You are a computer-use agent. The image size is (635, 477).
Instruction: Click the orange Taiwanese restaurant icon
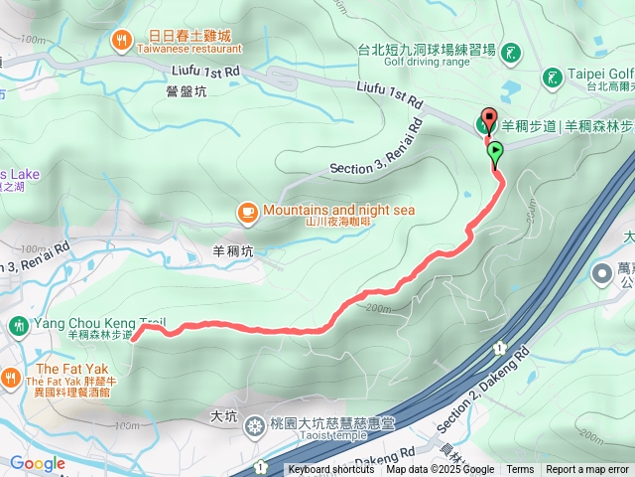pyautogui.click(x=121, y=39)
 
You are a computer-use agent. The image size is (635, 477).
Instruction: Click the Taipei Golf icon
pyautogui.click(x=552, y=76)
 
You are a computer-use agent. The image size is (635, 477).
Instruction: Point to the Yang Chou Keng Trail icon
pyautogui.click(x=18, y=325)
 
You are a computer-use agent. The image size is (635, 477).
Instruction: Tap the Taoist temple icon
pyautogui.click(x=255, y=426)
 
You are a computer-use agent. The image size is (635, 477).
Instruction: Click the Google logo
pyautogui.click(x=38, y=463)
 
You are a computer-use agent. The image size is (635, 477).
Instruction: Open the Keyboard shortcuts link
pyautogui.click(x=331, y=470)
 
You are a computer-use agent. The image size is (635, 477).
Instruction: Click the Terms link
pyautogui.click(x=520, y=470)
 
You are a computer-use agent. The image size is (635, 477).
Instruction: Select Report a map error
pyautogui.click(x=587, y=470)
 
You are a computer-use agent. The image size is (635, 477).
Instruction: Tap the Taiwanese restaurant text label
pyautogui.click(x=188, y=48)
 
